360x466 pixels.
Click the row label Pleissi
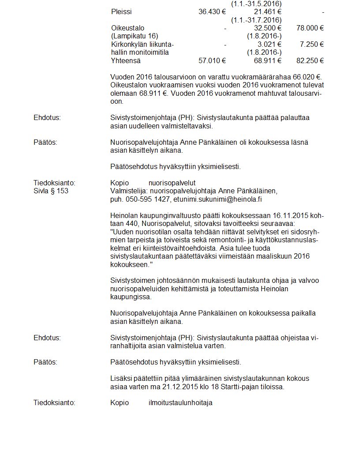(121, 12)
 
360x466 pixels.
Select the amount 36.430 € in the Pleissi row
(212, 12)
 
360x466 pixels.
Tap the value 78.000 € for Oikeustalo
(310, 28)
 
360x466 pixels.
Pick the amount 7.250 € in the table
(312, 45)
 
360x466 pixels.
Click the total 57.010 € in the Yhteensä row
(212, 61)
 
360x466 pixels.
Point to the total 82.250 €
(310, 61)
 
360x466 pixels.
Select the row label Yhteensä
(126, 61)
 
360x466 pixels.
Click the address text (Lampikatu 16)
(135, 36)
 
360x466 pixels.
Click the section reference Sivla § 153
(51, 191)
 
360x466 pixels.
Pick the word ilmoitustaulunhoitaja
(180, 403)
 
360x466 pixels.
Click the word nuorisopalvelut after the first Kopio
(172, 183)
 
